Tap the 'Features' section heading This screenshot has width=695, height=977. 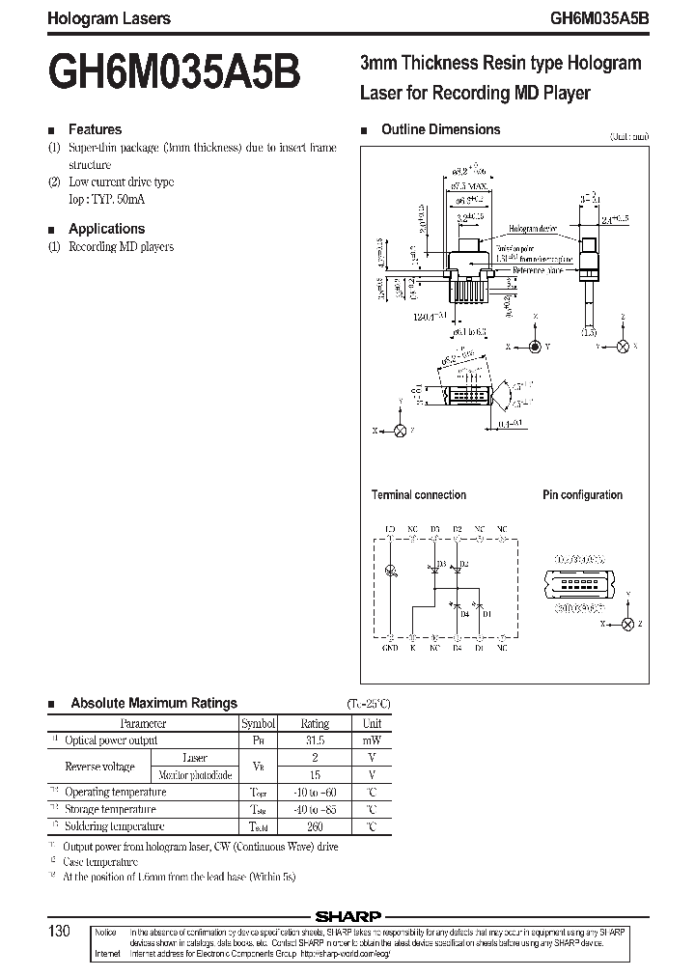(x=95, y=129)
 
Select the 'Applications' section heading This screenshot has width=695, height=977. (x=106, y=229)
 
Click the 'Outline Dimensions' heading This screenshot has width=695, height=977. (x=440, y=129)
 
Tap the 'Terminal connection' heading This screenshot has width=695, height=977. (x=419, y=494)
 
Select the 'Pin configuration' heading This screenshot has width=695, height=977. (x=582, y=494)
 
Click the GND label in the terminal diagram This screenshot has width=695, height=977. (x=390, y=649)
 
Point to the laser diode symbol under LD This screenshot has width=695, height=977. (x=390, y=572)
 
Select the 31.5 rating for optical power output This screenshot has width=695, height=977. (x=315, y=740)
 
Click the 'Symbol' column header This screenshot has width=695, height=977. (x=259, y=723)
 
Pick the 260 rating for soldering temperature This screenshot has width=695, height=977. (x=315, y=826)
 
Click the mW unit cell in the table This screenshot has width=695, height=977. (x=372, y=740)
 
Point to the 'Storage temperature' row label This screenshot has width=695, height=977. (x=109, y=809)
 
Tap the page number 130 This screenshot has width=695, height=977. (x=59, y=932)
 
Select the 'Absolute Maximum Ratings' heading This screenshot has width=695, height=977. (x=153, y=703)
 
